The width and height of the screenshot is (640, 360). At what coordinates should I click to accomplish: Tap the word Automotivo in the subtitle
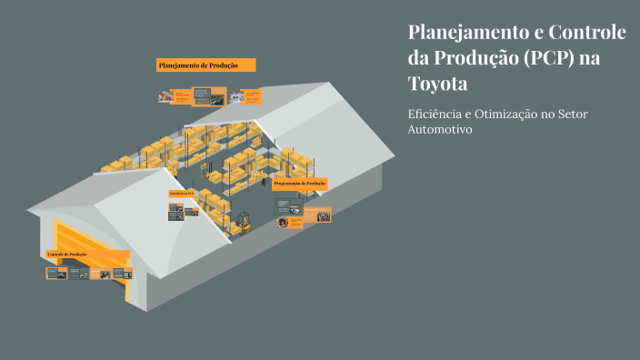click(x=442, y=130)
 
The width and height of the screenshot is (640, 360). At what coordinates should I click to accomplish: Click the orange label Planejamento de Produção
click(x=205, y=65)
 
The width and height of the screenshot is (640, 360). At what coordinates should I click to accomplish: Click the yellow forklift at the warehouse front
click(x=242, y=221)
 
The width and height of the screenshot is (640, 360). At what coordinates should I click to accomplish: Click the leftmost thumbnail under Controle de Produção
click(x=56, y=273)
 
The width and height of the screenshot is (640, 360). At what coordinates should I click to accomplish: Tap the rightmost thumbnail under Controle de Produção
click(x=121, y=273)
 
